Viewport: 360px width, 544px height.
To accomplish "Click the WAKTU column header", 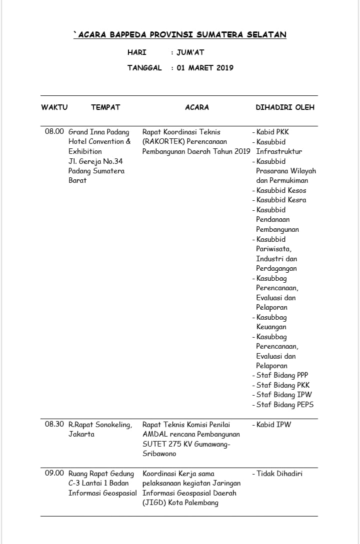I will pos(54,107).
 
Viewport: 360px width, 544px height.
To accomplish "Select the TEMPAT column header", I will pos(105,107).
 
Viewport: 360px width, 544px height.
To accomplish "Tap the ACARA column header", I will pos(197,107).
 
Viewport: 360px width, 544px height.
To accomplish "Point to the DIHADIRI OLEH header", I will pos(285,107).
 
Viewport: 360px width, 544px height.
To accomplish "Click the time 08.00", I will pos(54,132).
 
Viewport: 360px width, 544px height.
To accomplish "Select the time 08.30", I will pos(54,424).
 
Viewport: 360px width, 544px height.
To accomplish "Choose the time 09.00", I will pos(54,473).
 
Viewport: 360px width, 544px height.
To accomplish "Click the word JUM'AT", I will pos(190,52).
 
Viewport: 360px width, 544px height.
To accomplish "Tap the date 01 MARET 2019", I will pos(205,68).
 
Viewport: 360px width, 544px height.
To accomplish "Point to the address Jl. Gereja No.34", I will pos(95,161).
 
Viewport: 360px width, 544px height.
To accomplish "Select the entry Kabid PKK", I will pos(272,132).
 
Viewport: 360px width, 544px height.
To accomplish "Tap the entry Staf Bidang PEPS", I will pos(285,405).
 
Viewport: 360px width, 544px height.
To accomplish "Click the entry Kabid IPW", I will pos(273,425).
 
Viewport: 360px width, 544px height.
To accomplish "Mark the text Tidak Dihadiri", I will pos(279,474).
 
